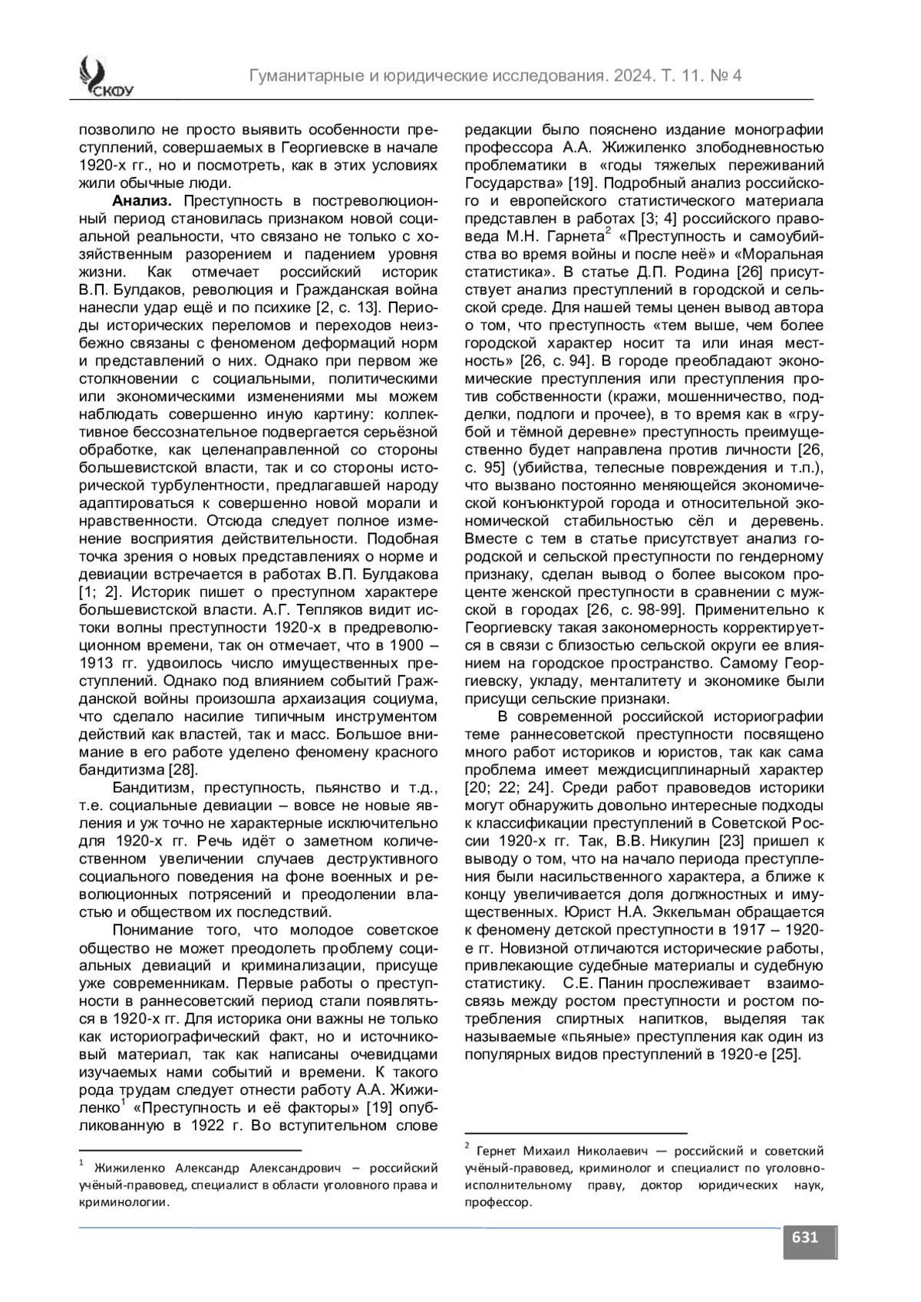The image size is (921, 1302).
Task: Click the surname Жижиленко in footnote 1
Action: pyautogui.click(x=129, y=1168)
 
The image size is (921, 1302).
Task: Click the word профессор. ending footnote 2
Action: pyautogui.click(x=498, y=1202)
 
